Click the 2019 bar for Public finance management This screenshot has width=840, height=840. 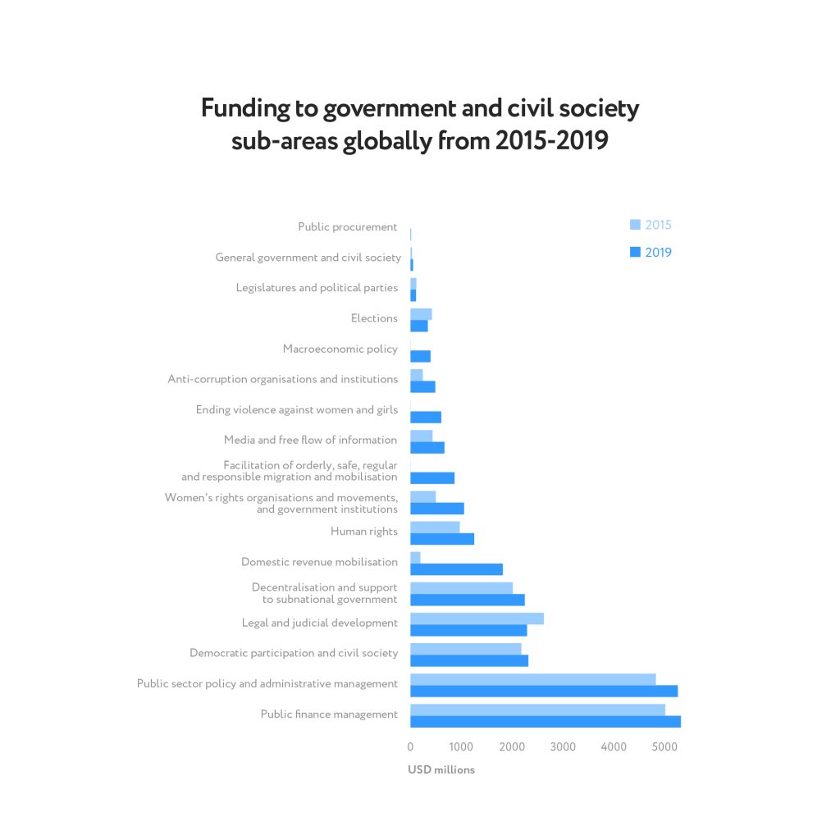click(546, 722)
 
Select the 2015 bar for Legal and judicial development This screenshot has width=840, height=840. click(477, 619)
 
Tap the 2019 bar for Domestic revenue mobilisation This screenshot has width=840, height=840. click(456, 569)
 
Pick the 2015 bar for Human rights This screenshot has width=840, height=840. click(435, 527)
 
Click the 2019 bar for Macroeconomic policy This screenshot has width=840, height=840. click(420, 356)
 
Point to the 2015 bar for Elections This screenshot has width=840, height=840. click(421, 314)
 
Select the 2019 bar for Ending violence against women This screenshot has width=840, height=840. click(426, 417)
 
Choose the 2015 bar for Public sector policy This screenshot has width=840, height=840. click(533, 679)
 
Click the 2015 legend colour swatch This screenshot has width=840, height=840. click(634, 225)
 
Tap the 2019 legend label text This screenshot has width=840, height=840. click(658, 253)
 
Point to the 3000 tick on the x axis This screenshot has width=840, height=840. click(563, 746)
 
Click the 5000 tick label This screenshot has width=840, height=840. click(664, 746)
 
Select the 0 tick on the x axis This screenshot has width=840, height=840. click(410, 746)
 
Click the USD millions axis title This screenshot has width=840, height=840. click(441, 770)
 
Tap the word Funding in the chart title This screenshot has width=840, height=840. click(245, 109)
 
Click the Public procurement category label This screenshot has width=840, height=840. click(348, 227)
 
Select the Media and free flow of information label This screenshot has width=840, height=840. click(310, 441)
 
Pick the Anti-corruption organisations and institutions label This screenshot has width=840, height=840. click(283, 379)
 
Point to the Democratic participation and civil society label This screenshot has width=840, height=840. click(294, 653)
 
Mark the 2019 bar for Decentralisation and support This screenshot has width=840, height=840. click(468, 600)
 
